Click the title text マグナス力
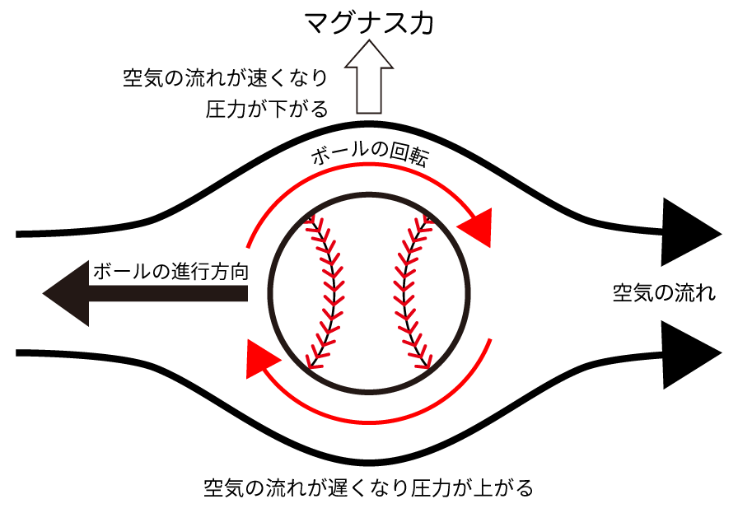[x=368, y=23]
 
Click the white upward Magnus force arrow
[x=369, y=77]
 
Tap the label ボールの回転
[x=370, y=153]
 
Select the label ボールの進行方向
[x=170, y=272]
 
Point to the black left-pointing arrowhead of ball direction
[x=65, y=293]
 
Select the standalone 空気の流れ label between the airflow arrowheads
[x=664, y=293]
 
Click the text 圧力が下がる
[x=266, y=110]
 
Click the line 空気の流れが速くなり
[x=225, y=77]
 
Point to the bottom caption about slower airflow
[x=368, y=487]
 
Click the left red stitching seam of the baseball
[x=326, y=291]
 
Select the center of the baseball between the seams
[x=369, y=292]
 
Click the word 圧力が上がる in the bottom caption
[x=472, y=487]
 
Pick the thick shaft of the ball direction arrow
[x=168, y=293]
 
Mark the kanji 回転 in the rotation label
[x=408, y=156]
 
